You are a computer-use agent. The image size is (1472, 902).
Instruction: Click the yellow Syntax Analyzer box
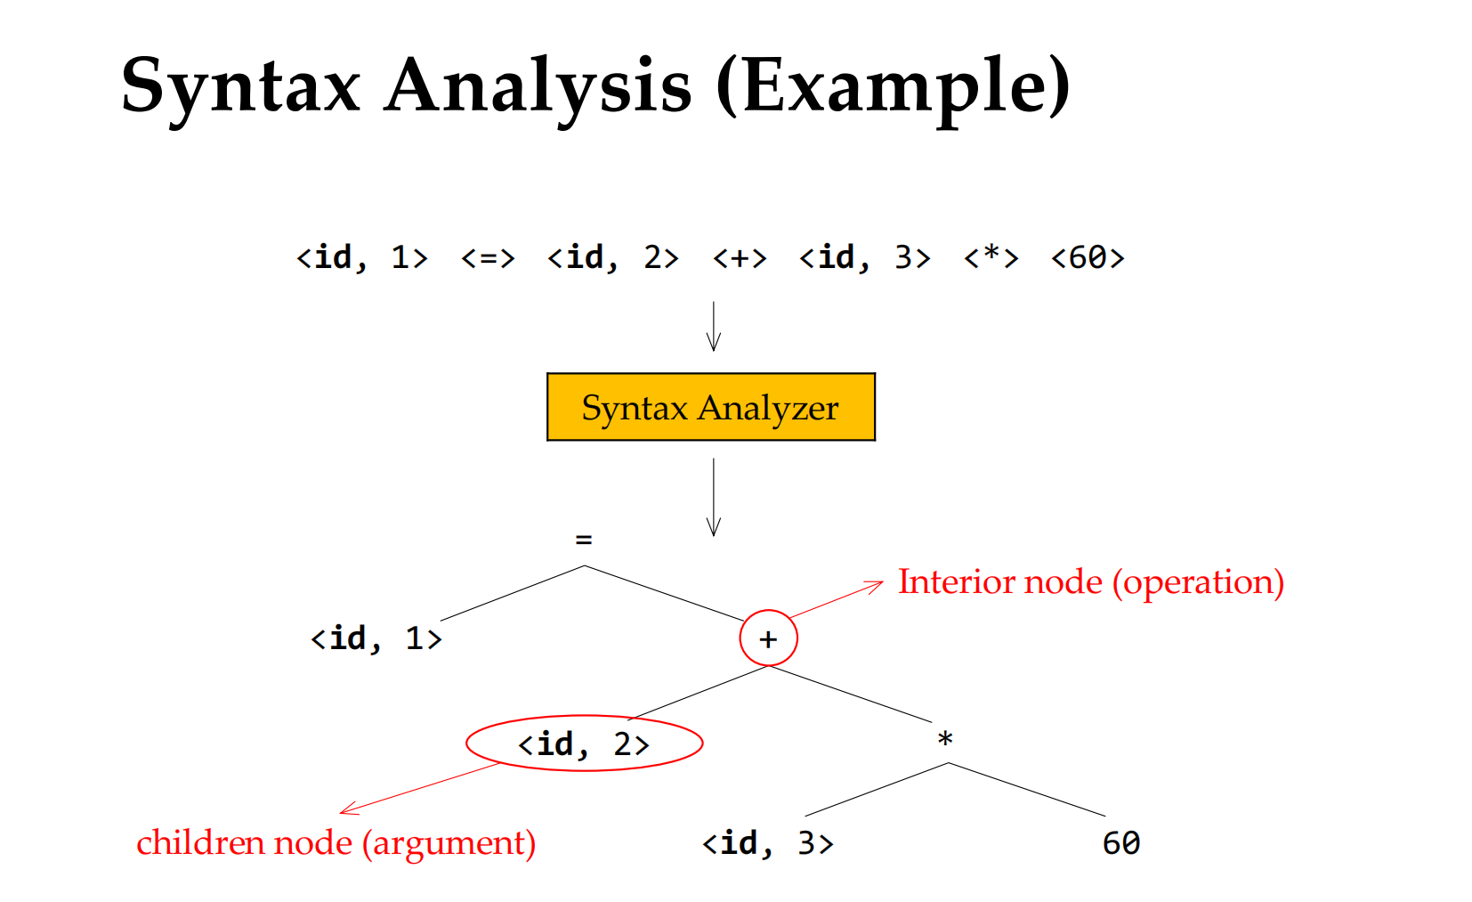tap(711, 407)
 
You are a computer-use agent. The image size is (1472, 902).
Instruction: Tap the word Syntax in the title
tap(240, 89)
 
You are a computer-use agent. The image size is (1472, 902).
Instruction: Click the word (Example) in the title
tap(893, 89)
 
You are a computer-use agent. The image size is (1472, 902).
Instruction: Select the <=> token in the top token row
tap(488, 257)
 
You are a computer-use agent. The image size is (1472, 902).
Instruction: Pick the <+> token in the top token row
tap(740, 257)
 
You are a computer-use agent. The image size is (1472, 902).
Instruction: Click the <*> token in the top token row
tap(991, 256)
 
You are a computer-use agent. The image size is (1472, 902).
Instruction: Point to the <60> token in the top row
tap(1088, 257)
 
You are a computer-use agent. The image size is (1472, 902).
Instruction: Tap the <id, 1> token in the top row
tap(362, 257)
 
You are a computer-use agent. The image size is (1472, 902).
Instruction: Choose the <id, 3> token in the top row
tap(865, 257)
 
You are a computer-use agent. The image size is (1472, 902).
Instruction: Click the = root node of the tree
tap(584, 540)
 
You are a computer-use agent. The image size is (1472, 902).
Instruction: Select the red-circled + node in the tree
tap(768, 638)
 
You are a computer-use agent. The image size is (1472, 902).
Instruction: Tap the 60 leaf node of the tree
tap(1121, 843)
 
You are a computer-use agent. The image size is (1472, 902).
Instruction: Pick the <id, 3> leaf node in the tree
tap(767, 843)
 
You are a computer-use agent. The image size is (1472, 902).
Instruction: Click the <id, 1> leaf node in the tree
tap(376, 638)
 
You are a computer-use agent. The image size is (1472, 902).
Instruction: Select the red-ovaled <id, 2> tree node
tap(584, 744)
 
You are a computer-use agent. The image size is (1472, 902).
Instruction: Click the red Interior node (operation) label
tap(1091, 582)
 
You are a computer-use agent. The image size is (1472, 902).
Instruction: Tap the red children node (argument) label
tap(336, 843)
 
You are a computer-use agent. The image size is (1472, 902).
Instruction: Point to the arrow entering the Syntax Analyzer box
tap(714, 326)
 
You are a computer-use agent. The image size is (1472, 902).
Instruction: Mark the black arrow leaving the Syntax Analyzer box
tap(714, 497)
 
